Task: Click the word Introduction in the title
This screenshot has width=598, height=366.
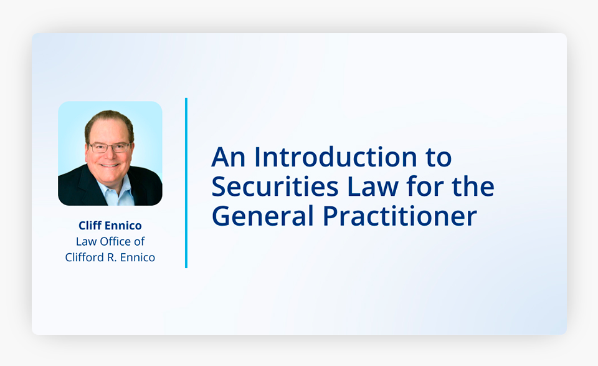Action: [x=336, y=157]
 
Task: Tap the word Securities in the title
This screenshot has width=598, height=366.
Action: [x=275, y=186]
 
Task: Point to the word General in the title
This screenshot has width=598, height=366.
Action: [x=262, y=216]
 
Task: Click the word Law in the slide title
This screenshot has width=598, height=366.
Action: [x=373, y=186]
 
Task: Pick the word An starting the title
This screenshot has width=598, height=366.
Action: [x=228, y=157]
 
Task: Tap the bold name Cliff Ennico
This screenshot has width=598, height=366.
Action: [x=110, y=226]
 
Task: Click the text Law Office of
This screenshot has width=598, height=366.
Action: [x=110, y=241]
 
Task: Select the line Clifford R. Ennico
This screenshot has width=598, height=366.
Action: [x=110, y=258]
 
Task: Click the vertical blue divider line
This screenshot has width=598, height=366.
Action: [x=186, y=183]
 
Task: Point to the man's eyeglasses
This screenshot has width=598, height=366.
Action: [x=110, y=147]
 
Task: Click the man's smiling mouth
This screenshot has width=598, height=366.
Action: [x=110, y=165]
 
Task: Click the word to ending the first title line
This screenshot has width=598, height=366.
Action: [x=439, y=158]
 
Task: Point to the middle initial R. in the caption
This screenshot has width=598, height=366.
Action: [x=112, y=258]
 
